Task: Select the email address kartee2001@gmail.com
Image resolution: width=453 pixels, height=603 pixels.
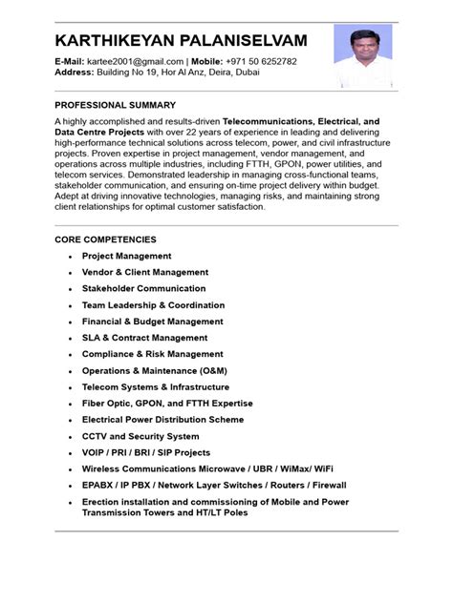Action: (x=134, y=61)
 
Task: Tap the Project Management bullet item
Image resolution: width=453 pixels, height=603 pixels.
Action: (x=126, y=256)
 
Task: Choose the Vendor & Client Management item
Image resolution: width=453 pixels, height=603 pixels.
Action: (x=144, y=272)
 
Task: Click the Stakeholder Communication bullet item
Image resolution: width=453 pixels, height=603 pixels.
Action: (x=143, y=288)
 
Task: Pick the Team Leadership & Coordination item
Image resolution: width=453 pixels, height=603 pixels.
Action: (x=153, y=305)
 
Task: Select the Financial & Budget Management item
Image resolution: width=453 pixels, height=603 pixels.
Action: (x=152, y=322)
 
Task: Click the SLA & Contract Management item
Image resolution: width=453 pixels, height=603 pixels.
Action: (x=144, y=338)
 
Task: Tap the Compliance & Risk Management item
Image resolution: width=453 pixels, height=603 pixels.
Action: (x=152, y=354)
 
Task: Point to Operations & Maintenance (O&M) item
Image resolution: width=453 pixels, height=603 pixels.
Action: (x=155, y=370)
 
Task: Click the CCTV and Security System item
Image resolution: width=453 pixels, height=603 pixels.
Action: (x=140, y=436)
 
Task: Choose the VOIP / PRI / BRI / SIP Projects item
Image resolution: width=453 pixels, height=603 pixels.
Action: (x=145, y=452)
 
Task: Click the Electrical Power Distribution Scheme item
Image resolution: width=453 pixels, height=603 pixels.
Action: (x=162, y=420)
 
